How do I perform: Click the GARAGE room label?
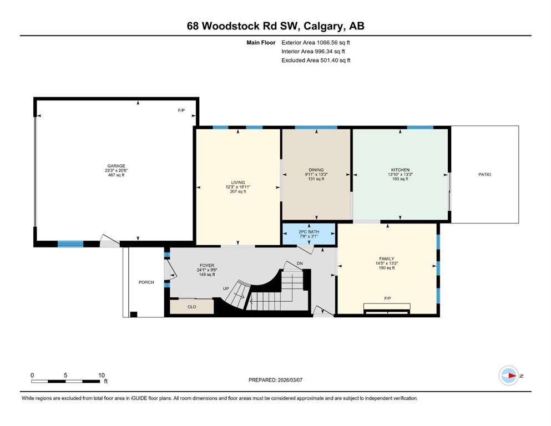(117, 166)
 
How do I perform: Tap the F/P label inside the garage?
(181, 110)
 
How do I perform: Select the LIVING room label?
(238, 182)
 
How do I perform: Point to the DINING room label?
(316, 170)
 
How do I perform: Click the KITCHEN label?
(400, 170)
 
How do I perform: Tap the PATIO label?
(484, 174)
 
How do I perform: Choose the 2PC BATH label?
(309, 232)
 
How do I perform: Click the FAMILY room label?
(387, 258)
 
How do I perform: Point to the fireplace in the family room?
(387, 308)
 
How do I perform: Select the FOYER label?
(206, 266)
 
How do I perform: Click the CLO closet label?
(192, 307)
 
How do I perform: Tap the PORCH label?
(146, 282)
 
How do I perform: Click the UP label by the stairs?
(226, 288)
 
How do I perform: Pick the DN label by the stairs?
(300, 263)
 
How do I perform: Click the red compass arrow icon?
(512, 376)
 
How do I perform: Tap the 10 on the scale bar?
(102, 375)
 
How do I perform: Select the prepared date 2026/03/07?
(290, 380)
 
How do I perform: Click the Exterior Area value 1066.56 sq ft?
(333, 43)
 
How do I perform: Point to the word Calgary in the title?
(323, 26)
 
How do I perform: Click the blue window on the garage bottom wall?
(70, 244)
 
